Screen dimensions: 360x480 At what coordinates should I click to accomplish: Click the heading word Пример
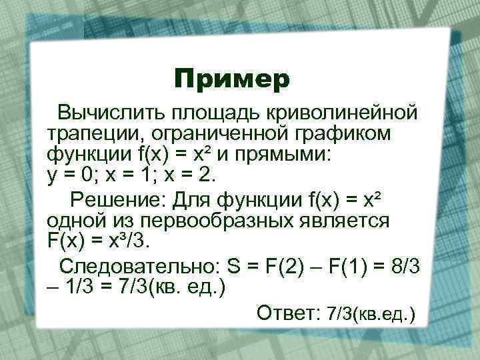pos(232,79)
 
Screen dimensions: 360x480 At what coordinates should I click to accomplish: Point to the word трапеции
pos(93,135)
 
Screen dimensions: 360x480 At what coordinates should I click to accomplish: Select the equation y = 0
pos(73,177)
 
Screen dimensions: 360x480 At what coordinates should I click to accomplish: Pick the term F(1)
pos(356,266)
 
